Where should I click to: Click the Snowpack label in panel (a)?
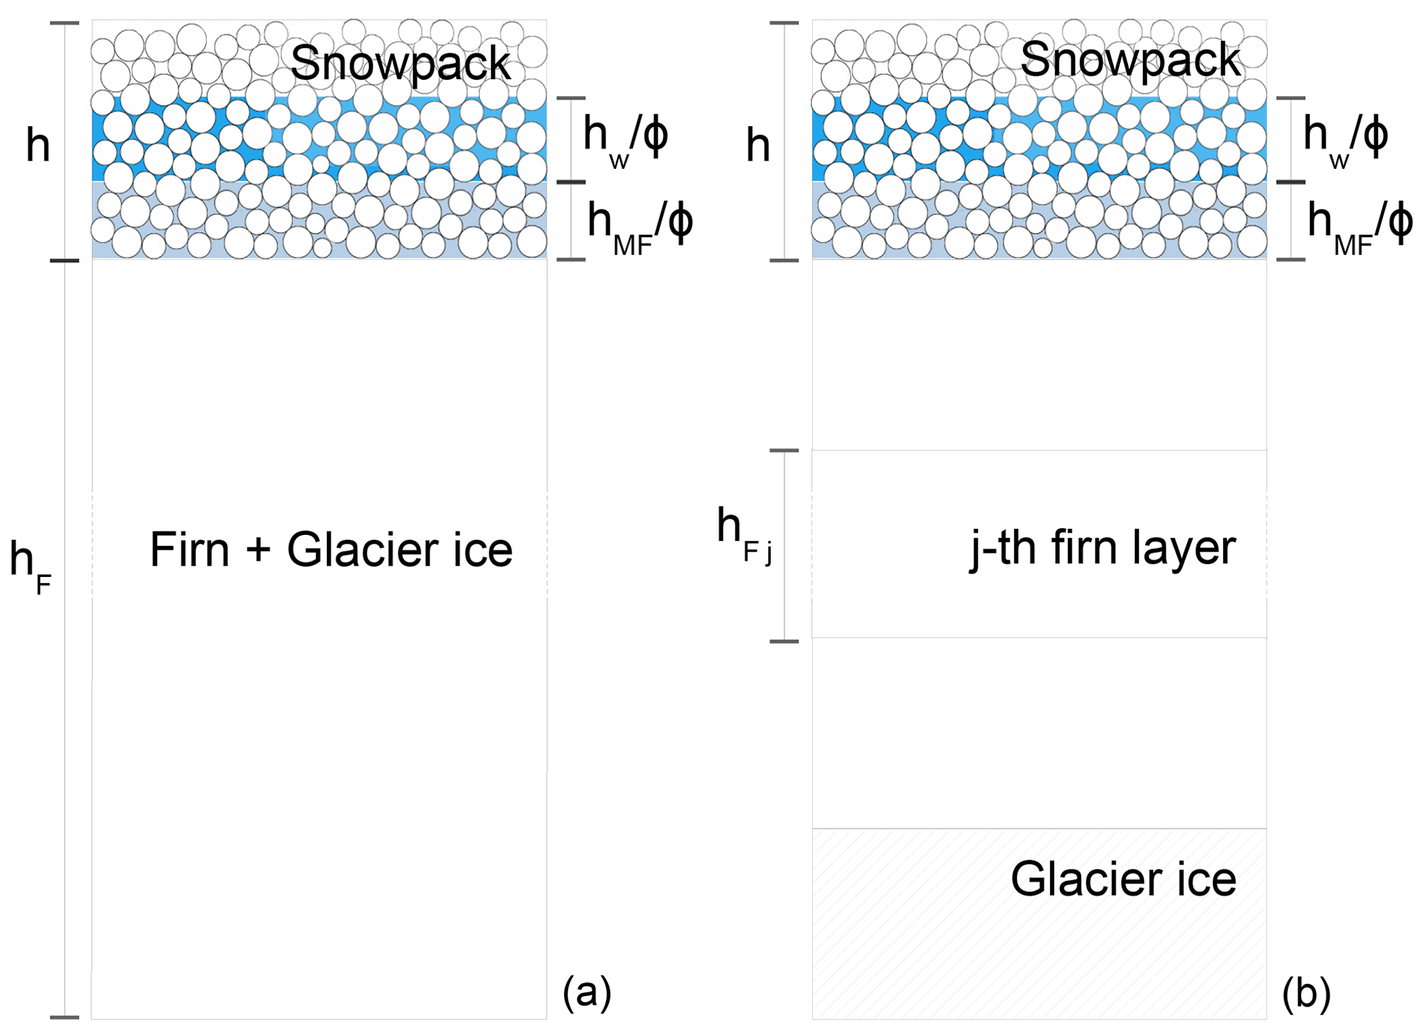coord(400,63)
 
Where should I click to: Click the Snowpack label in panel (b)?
coord(1130,60)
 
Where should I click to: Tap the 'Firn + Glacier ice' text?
coord(331,549)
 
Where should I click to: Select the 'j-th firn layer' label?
coord(1103,549)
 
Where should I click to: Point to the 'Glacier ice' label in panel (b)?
coord(1123,879)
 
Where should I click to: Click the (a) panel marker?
coord(587,993)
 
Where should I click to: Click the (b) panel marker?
coord(1306,993)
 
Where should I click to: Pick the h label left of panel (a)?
coord(39,145)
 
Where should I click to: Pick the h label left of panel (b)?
coord(758,145)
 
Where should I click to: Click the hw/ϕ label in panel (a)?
coord(625,137)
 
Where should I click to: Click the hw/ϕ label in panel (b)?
coord(1345,137)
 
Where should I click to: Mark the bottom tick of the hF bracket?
coord(65,1018)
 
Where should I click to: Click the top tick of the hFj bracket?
coord(784,451)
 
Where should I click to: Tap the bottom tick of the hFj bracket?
coord(784,642)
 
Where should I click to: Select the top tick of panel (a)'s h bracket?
coord(65,23)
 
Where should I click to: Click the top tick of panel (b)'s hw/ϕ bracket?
coord(1291,99)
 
